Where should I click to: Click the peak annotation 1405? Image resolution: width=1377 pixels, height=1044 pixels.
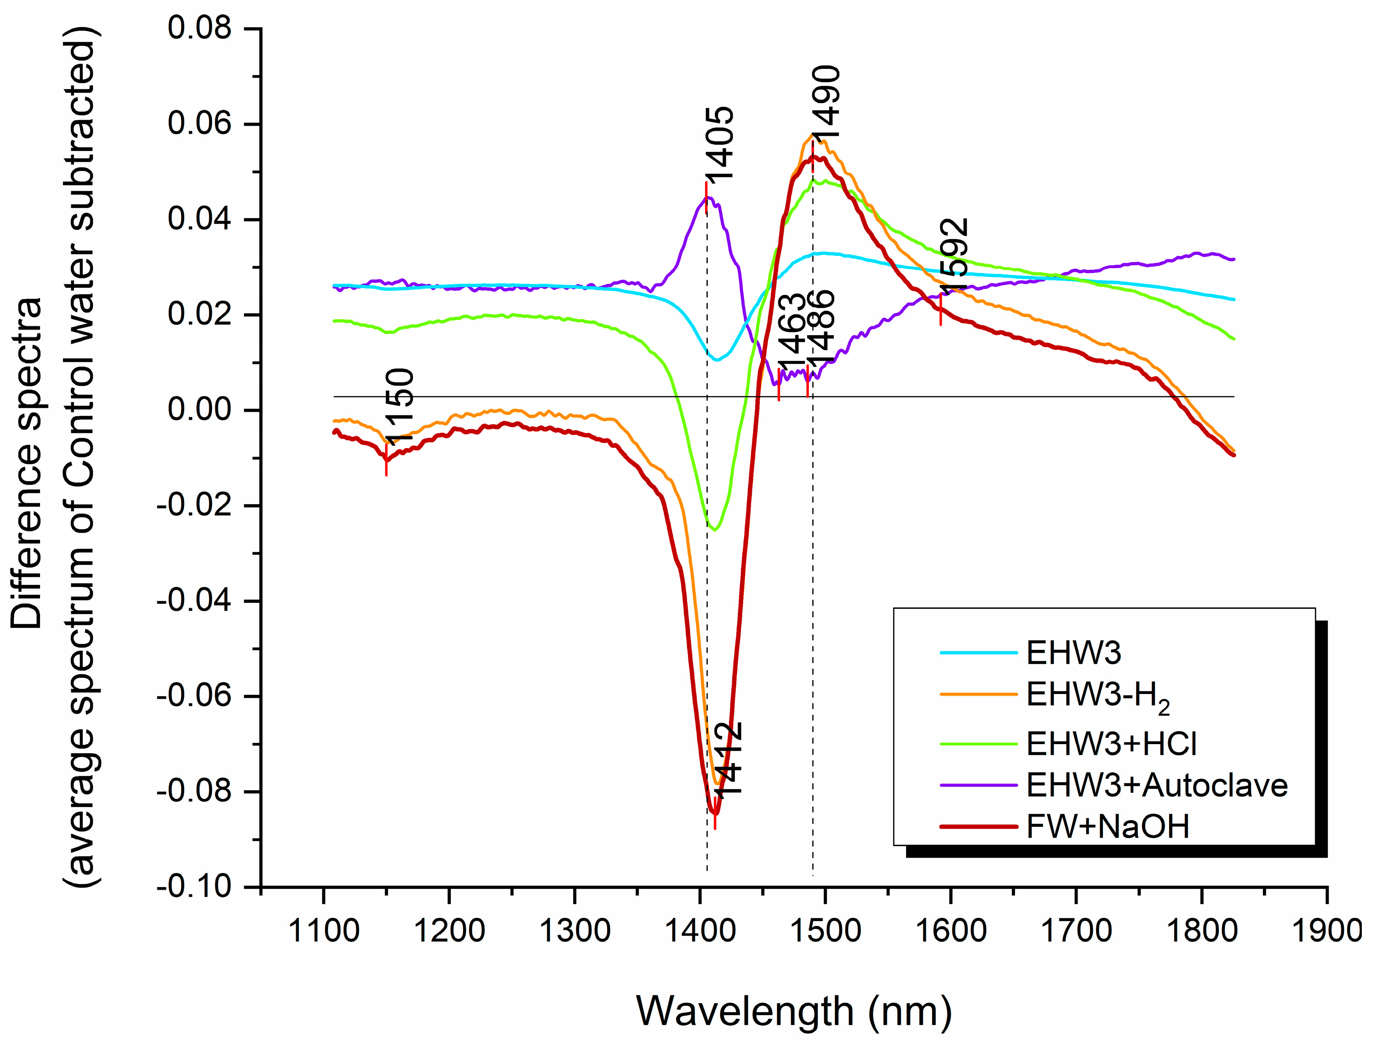pyautogui.click(x=720, y=144)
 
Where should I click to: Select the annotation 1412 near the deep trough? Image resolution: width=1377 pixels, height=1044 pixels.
pyautogui.click(x=729, y=759)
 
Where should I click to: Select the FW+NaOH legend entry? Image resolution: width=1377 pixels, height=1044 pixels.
pyautogui.click(x=1107, y=827)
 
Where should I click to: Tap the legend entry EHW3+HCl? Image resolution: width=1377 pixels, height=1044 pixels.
pyautogui.click(x=1111, y=744)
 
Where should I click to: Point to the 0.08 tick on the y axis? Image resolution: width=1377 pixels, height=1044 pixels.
pyautogui.click(x=199, y=29)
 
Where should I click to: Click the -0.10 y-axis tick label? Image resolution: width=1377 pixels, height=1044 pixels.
pyautogui.click(x=194, y=887)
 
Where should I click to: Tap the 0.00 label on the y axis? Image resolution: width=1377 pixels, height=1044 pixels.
pyautogui.click(x=199, y=410)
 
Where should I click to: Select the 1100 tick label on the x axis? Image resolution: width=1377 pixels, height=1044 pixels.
pyautogui.click(x=324, y=932)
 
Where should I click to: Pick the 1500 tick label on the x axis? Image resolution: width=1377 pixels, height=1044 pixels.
pyautogui.click(x=826, y=932)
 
